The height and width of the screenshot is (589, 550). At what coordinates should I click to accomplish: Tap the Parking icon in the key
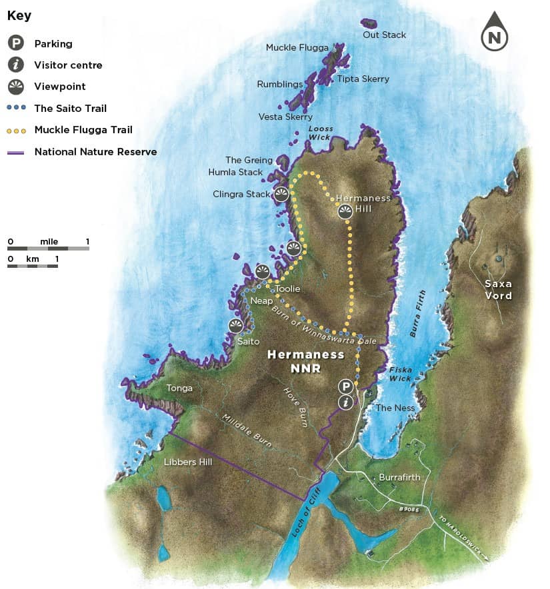(x=16, y=44)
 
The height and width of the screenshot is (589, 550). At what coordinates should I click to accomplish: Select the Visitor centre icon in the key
(x=16, y=65)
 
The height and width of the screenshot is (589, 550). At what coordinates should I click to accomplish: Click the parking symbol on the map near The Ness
(x=345, y=386)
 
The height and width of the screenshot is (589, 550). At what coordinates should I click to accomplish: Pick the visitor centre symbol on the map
(x=345, y=402)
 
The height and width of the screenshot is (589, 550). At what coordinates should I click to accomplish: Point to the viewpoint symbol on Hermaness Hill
(x=345, y=212)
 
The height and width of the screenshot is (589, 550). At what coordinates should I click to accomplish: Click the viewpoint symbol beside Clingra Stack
(x=281, y=195)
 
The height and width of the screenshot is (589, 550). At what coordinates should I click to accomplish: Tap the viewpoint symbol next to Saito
(x=236, y=326)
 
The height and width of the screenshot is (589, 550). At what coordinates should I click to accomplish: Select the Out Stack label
(x=384, y=35)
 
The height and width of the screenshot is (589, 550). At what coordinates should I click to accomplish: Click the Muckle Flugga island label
(x=297, y=47)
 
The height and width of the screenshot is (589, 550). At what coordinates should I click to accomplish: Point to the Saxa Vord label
(x=498, y=290)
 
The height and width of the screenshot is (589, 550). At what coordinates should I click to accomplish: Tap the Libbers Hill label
(x=188, y=461)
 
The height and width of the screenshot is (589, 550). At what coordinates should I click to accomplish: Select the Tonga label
(x=179, y=388)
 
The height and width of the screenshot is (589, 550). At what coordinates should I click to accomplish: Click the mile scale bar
(x=48, y=249)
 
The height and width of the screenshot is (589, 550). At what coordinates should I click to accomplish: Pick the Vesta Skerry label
(x=285, y=117)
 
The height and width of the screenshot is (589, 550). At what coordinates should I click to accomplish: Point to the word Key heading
(x=19, y=15)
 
